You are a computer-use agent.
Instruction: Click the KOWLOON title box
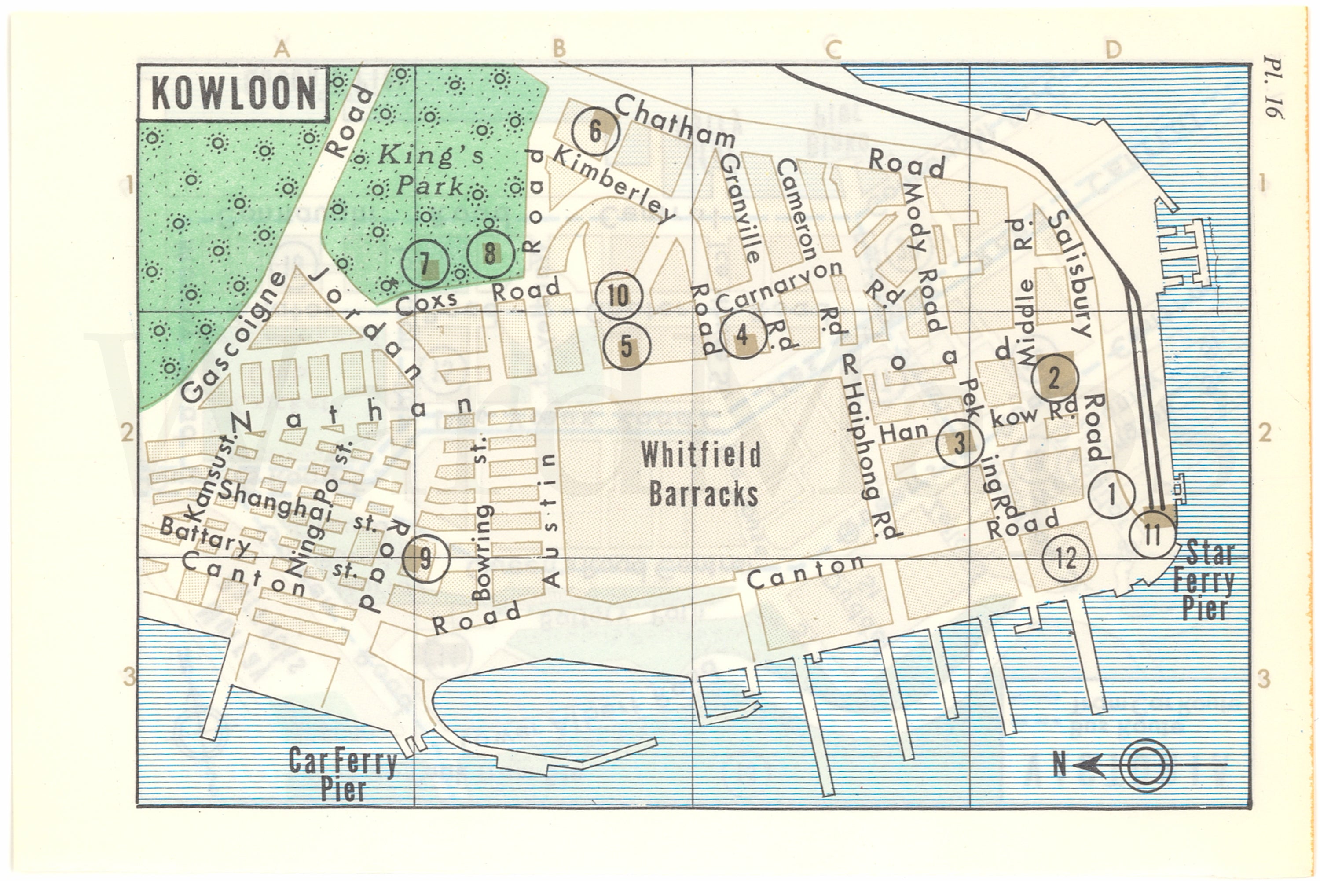(233, 93)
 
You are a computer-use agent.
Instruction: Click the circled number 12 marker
(1066, 558)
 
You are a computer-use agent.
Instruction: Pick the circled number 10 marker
(619, 296)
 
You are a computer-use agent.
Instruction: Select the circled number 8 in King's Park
(490, 254)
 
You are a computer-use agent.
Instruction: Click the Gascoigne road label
(233, 338)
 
